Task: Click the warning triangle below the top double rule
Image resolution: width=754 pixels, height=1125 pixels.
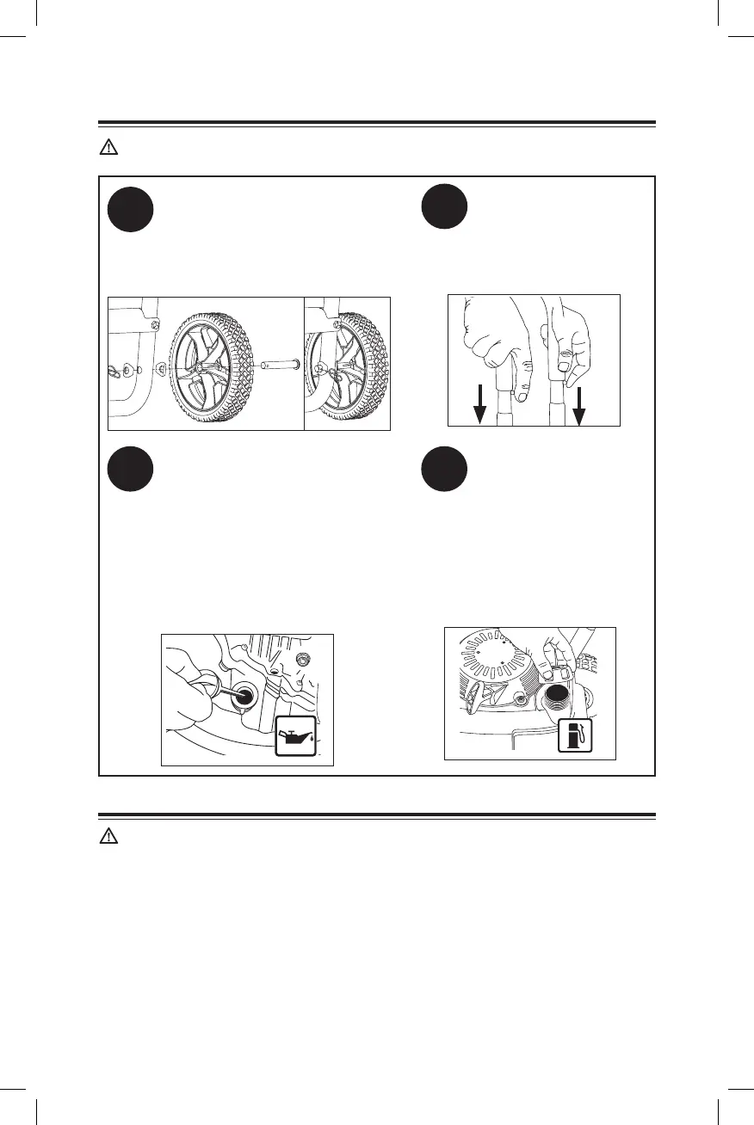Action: click(x=108, y=148)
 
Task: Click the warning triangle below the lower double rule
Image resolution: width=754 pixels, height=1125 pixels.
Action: click(x=108, y=838)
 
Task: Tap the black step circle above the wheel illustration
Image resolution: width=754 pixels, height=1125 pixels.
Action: click(x=131, y=210)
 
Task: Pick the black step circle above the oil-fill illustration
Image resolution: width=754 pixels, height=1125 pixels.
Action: click(x=131, y=470)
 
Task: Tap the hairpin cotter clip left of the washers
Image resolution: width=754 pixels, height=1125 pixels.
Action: click(x=114, y=367)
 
